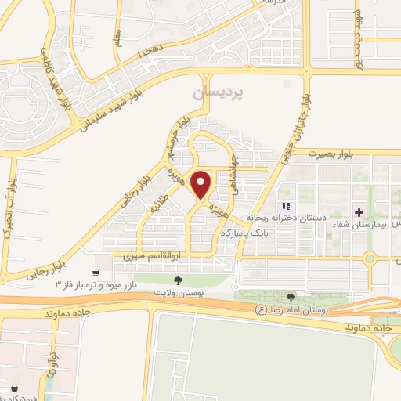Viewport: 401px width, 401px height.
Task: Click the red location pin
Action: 201,184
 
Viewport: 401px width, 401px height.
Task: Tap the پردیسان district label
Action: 218,92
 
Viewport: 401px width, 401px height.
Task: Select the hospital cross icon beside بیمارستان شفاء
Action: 359,212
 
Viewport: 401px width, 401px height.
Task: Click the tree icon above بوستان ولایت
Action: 179,280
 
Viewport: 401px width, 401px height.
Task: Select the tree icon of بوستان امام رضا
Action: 291,297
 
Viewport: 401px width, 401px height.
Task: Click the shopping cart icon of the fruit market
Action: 96,273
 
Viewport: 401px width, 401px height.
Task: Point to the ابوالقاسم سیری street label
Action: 154,256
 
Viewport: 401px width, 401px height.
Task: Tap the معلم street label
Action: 117,37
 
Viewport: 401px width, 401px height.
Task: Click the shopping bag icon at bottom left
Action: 14,387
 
